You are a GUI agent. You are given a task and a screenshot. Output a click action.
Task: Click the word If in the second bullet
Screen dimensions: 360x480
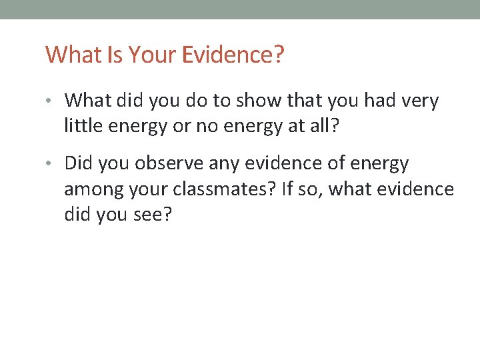click(x=287, y=190)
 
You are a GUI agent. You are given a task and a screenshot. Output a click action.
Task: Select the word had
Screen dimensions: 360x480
click(x=378, y=101)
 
